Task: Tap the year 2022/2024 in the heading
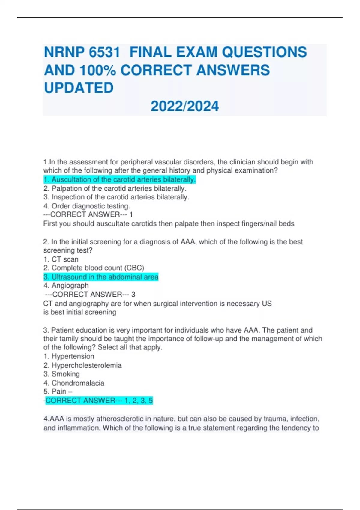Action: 184,106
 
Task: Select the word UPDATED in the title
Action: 79,88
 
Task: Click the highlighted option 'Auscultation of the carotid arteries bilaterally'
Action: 119,179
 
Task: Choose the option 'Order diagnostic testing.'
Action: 87,206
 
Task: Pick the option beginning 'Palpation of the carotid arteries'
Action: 115,188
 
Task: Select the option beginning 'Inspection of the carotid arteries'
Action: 116,197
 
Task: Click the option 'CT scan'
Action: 61,259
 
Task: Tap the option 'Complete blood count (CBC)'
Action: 94,268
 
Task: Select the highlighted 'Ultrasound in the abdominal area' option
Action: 101,277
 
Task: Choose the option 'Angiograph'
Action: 66,285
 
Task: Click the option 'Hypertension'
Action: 69,356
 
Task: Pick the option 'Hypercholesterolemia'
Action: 82,365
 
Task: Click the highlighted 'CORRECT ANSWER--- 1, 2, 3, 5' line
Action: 99,400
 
